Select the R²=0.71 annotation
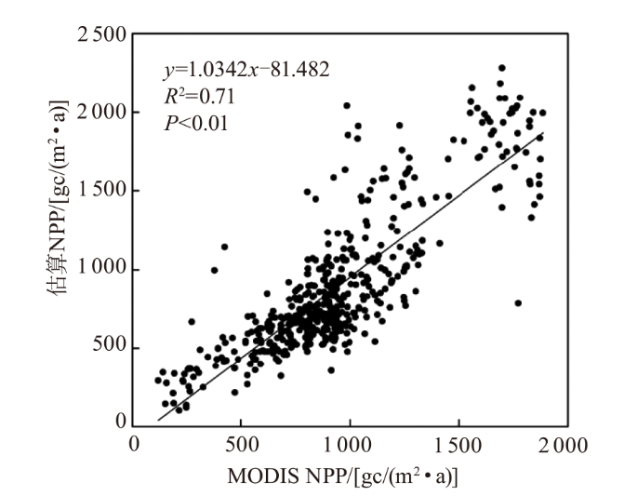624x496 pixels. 190,96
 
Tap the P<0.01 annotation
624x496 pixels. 190,121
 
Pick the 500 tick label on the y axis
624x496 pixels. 109,349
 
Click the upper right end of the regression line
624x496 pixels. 542,134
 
